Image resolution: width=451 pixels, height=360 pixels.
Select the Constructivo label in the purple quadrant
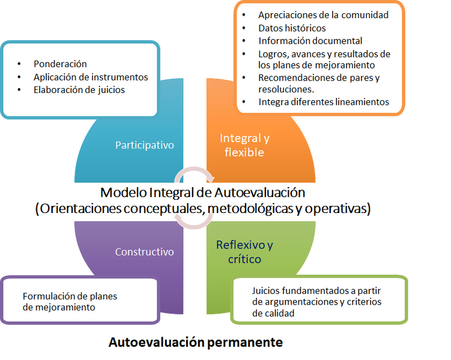click(144, 252)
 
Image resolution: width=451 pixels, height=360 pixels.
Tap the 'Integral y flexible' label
click(244, 145)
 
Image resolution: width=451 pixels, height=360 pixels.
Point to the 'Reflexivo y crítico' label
click(244, 252)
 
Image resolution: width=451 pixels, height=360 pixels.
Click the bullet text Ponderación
click(60, 64)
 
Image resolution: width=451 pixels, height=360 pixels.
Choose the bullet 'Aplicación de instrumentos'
click(91, 77)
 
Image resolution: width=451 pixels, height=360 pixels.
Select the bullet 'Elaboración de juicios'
click(79, 90)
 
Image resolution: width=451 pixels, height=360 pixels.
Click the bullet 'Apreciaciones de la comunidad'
click(323, 15)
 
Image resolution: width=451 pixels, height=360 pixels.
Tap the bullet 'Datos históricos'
click(292, 28)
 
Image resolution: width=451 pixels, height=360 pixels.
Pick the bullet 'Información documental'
click(310, 41)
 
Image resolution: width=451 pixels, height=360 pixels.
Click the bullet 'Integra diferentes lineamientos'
click(324, 102)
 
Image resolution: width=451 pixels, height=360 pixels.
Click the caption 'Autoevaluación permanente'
click(195, 343)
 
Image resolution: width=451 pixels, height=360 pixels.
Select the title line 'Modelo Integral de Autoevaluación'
click(203, 193)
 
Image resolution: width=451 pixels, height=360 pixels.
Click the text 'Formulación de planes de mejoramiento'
click(70, 301)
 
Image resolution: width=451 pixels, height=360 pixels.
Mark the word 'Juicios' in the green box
click(267, 290)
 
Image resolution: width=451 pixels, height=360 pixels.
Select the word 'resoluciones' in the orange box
click(286, 89)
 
